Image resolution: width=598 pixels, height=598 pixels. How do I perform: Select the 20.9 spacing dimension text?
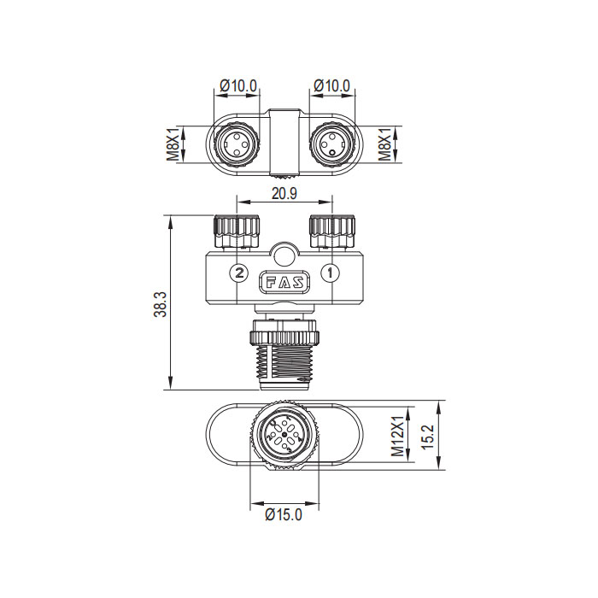click(x=284, y=194)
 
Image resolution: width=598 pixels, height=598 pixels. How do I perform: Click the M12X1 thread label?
click(x=396, y=435)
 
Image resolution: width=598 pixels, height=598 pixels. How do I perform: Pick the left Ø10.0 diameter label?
click(x=237, y=85)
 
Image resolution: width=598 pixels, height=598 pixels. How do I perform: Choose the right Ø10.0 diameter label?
click(x=331, y=85)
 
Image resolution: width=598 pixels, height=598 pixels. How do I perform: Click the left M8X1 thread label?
click(x=172, y=144)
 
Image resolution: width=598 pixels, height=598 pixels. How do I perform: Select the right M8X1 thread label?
click(x=386, y=144)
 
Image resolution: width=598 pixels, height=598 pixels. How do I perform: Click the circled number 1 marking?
click(x=332, y=273)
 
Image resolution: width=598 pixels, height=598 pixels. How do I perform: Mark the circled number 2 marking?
click(x=239, y=273)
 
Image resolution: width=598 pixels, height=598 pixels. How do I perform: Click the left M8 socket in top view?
click(x=234, y=144)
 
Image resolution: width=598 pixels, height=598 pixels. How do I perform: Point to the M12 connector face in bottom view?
click(x=284, y=436)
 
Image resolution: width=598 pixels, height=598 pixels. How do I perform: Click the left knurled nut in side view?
click(x=237, y=229)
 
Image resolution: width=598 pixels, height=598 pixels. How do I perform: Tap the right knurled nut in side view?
click(x=331, y=229)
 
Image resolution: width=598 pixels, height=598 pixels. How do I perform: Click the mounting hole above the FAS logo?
click(x=284, y=255)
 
